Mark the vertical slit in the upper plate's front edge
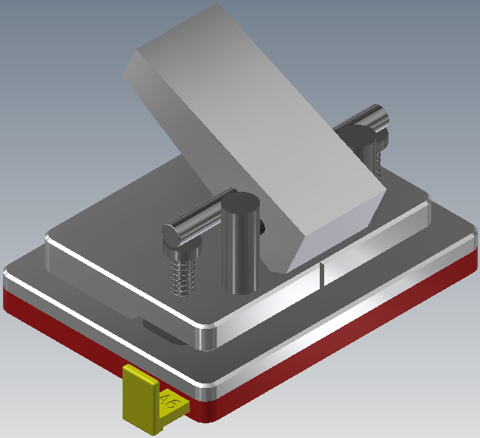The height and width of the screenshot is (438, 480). pos(323,274)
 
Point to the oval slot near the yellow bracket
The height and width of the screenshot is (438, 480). pos(159,332)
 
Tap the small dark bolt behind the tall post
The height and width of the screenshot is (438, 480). pos(263,228)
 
